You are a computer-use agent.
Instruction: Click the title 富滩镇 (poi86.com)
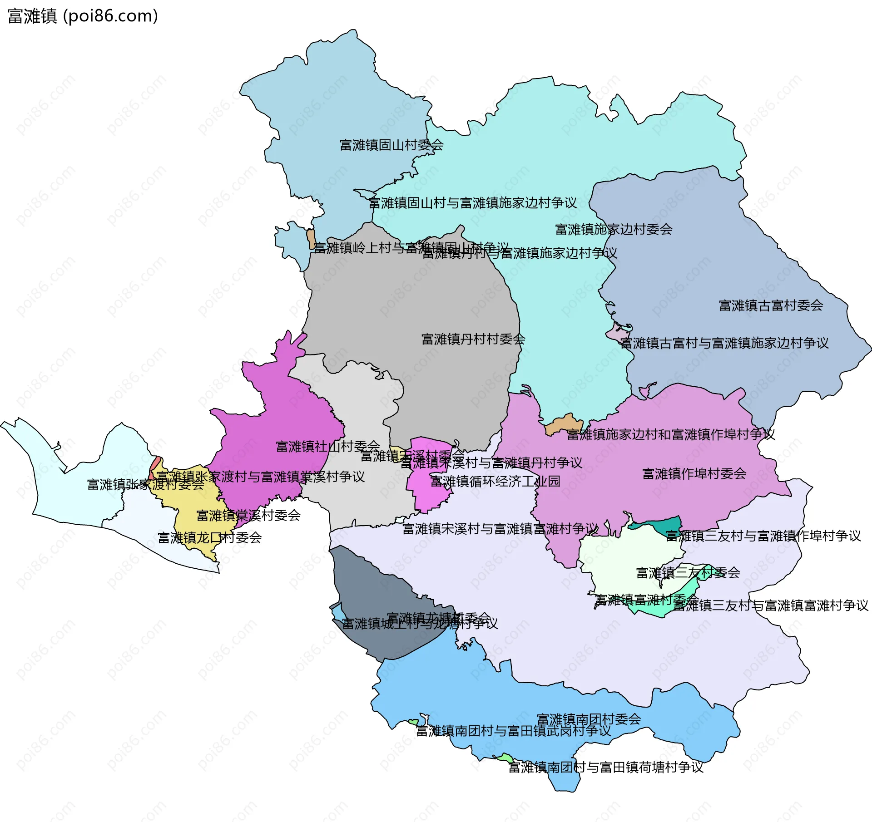pyautogui.click(x=83, y=16)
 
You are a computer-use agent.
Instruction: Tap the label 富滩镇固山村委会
pyautogui.click(x=391, y=145)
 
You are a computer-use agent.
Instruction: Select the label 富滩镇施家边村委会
pyautogui.click(x=613, y=229)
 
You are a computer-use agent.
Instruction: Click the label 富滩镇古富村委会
pyautogui.click(x=771, y=305)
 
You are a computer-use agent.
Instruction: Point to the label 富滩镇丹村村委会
pyautogui.click(x=473, y=339)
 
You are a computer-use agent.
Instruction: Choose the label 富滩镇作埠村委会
pyautogui.click(x=694, y=474)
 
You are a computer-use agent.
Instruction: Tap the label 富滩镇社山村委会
pyautogui.click(x=327, y=447)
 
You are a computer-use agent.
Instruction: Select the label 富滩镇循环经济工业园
pyautogui.click(x=495, y=481)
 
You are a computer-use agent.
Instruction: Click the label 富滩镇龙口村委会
pyautogui.click(x=209, y=538)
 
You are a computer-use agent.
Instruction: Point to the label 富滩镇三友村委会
pyautogui.click(x=688, y=573)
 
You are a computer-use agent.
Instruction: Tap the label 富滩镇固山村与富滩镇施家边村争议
pyautogui.click(x=472, y=203)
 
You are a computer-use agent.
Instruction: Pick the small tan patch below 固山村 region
pyautogui.click(x=311, y=239)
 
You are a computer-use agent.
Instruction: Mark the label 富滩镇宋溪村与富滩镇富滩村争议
pyautogui.click(x=500, y=529)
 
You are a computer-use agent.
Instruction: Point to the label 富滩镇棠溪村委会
pyautogui.click(x=248, y=516)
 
